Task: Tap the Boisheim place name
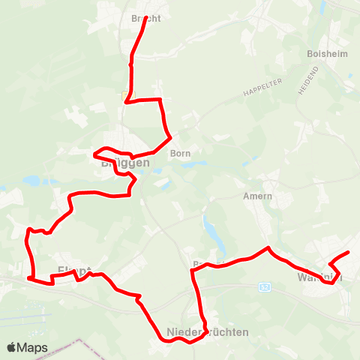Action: pos(326,54)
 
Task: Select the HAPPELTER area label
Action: pos(260,91)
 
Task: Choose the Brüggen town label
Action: pos(121,162)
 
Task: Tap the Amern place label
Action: pos(257,196)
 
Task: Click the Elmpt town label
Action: pos(74,271)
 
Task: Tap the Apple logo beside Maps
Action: pos(13,347)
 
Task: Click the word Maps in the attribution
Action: pos(34,347)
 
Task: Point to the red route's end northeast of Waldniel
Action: pos(349,253)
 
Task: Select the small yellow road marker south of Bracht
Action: pos(124,95)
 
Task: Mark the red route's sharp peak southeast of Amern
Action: pos(268,247)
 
